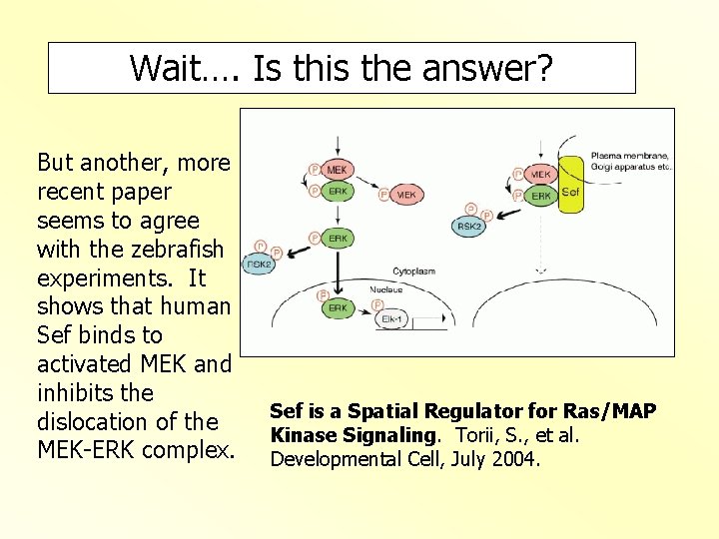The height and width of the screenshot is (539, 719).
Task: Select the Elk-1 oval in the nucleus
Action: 393,319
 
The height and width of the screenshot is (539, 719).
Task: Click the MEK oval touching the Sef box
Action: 540,175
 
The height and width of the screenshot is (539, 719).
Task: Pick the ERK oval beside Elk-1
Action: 338,308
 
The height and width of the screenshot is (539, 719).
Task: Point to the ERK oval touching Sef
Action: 540,196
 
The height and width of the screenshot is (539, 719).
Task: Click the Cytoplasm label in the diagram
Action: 412,270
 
